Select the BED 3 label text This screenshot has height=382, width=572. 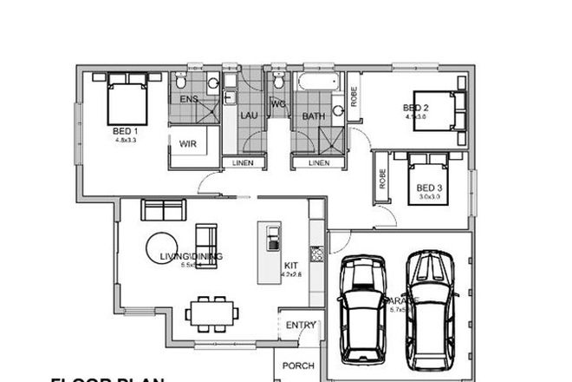[429, 188]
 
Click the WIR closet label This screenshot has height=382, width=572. [189, 144]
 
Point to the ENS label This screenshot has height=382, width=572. [189, 99]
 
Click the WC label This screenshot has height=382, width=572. [278, 104]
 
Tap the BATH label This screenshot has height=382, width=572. [313, 115]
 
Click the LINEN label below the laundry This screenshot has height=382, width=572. [244, 162]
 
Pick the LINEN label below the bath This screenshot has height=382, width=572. [318, 162]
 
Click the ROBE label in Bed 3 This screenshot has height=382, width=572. [381, 178]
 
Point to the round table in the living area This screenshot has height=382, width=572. [162, 249]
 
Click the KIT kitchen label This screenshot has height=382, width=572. [292, 267]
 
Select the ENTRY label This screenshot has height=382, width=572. [302, 326]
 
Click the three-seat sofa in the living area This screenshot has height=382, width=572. [163, 210]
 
